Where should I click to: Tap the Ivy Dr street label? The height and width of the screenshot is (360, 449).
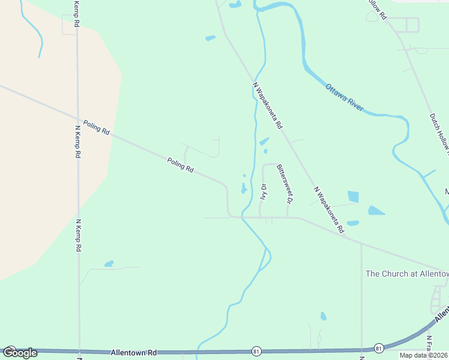263,191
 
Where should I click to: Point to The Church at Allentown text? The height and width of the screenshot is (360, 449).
407,274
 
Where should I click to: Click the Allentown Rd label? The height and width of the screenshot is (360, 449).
133,353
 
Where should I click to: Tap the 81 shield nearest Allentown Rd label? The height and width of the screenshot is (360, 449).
256,350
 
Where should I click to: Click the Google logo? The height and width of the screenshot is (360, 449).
19,353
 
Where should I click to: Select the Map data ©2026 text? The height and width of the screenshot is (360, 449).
423,355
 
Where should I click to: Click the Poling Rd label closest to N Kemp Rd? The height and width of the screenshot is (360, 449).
97,126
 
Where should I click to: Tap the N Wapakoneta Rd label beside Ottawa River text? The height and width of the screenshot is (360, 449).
268,105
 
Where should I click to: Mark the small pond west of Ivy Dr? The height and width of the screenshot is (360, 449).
244,188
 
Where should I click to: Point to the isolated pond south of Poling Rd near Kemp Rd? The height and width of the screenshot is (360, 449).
109,263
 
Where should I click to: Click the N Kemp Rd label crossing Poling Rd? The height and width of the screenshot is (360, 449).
77,140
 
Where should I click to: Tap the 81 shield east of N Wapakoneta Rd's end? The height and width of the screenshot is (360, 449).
379,347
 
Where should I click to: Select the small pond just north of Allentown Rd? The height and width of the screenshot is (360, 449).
324,316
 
